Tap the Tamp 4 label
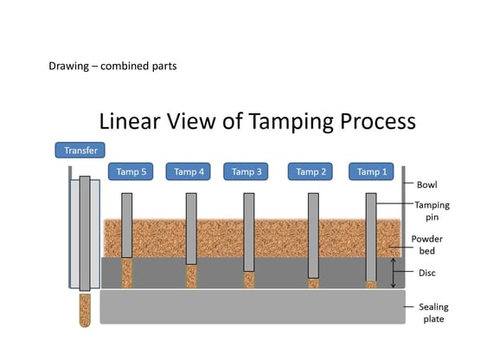pos(189,171)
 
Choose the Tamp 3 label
pos(247,171)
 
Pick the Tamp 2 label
pos(311,171)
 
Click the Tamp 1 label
pos(374,171)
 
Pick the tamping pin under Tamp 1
pos(371,238)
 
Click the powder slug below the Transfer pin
pos(85,310)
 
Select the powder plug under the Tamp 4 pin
pos(190,276)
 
